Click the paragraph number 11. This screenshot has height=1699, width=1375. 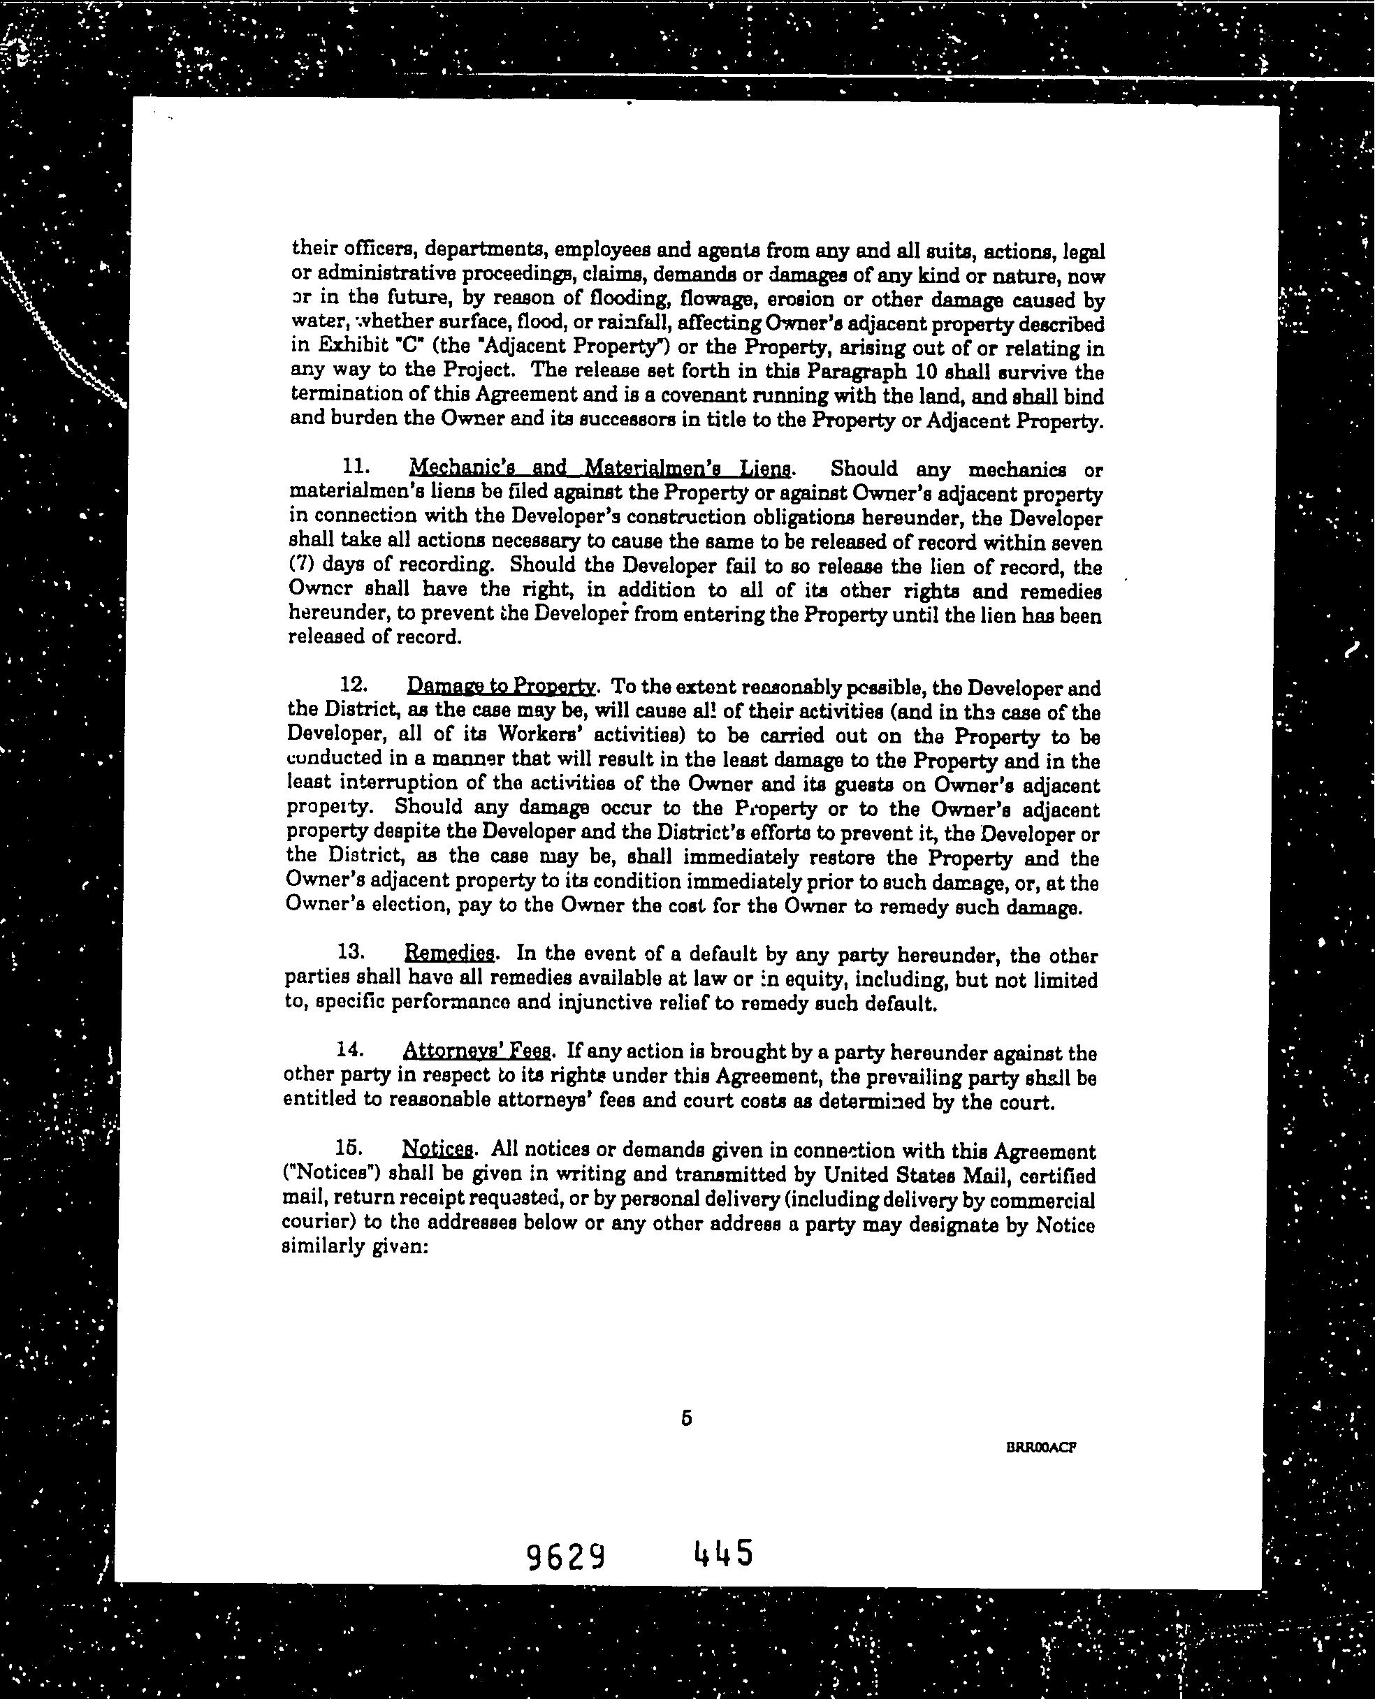351,467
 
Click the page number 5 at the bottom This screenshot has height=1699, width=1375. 686,1419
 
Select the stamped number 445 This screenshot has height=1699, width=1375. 722,1554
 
